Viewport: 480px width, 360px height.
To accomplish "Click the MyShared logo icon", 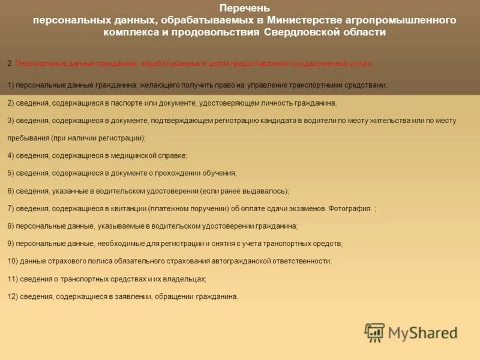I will point(374,332).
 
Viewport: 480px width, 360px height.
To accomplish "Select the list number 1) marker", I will point(11,85).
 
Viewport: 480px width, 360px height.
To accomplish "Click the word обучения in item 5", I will point(219,173).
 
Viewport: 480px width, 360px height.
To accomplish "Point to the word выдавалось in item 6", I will point(267,191).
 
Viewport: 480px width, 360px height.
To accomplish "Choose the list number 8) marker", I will point(11,226).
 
